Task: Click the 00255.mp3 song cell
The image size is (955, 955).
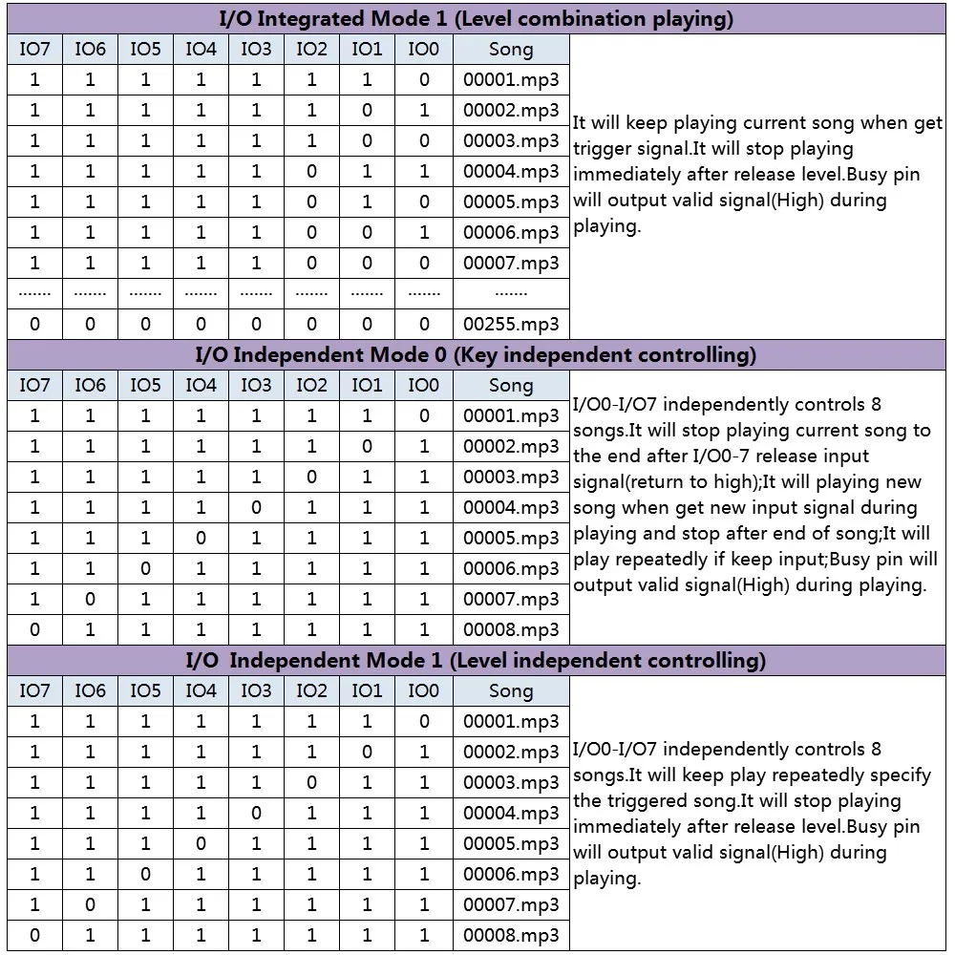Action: pyautogui.click(x=511, y=325)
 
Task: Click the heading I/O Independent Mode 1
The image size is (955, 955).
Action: pyautogui.click(x=315, y=661)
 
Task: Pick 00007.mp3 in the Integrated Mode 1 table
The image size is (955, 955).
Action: pyautogui.click(x=511, y=264)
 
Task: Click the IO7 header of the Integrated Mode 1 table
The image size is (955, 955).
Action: pyautogui.click(x=35, y=50)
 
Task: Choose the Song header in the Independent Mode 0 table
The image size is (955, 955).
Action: pyautogui.click(x=511, y=386)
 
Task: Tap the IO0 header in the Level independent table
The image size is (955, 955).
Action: pyautogui.click(x=423, y=691)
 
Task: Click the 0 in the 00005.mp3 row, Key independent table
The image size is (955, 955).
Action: pyautogui.click(x=201, y=539)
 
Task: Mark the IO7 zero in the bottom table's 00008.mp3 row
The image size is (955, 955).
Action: pyautogui.click(x=35, y=936)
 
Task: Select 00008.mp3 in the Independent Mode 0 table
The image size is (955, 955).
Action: pyautogui.click(x=511, y=630)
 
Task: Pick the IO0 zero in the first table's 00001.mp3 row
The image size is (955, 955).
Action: pyautogui.click(x=423, y=80)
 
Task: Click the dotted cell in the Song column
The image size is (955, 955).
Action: pyautogui.click(x=511, y=293)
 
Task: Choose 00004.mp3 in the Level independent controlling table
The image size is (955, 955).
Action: pyautogui.click(x=511, y=814)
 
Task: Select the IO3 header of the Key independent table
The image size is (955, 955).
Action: pyautogui.click(x=256, y=386)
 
